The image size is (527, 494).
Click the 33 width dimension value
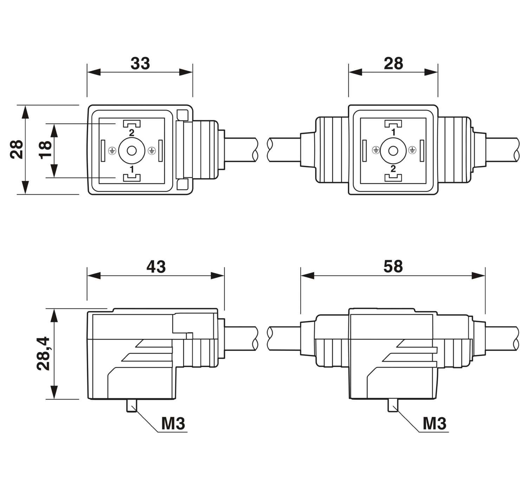[x=140, y=64]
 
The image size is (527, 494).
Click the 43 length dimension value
[x=156, y=267]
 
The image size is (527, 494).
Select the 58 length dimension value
[x=393, y=267]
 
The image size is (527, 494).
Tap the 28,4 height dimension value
[x=43, y=353]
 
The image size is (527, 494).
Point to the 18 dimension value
[x=45, y=150]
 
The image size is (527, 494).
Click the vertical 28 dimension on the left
[x=17, y=149]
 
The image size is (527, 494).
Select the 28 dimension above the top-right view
[x=393, y=64]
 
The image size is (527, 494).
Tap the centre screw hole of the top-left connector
[x=132, y=151]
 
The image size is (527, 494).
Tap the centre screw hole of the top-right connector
[x=393, y=151]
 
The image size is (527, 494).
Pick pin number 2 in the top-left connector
[x=132, y=132]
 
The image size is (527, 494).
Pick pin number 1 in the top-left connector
[x=132, y=169]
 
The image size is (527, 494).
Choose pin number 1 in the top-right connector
[x=393, y=132]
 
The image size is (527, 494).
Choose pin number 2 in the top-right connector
[x=393, y=169]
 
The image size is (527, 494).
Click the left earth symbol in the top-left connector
[x=112, y=151]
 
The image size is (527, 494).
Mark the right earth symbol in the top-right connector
[x=412, y=150]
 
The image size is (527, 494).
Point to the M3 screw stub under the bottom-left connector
[x=132, y=405]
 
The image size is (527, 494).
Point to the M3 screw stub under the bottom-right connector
[x=393, y=405]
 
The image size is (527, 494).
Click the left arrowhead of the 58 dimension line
[x=307, y=275]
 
